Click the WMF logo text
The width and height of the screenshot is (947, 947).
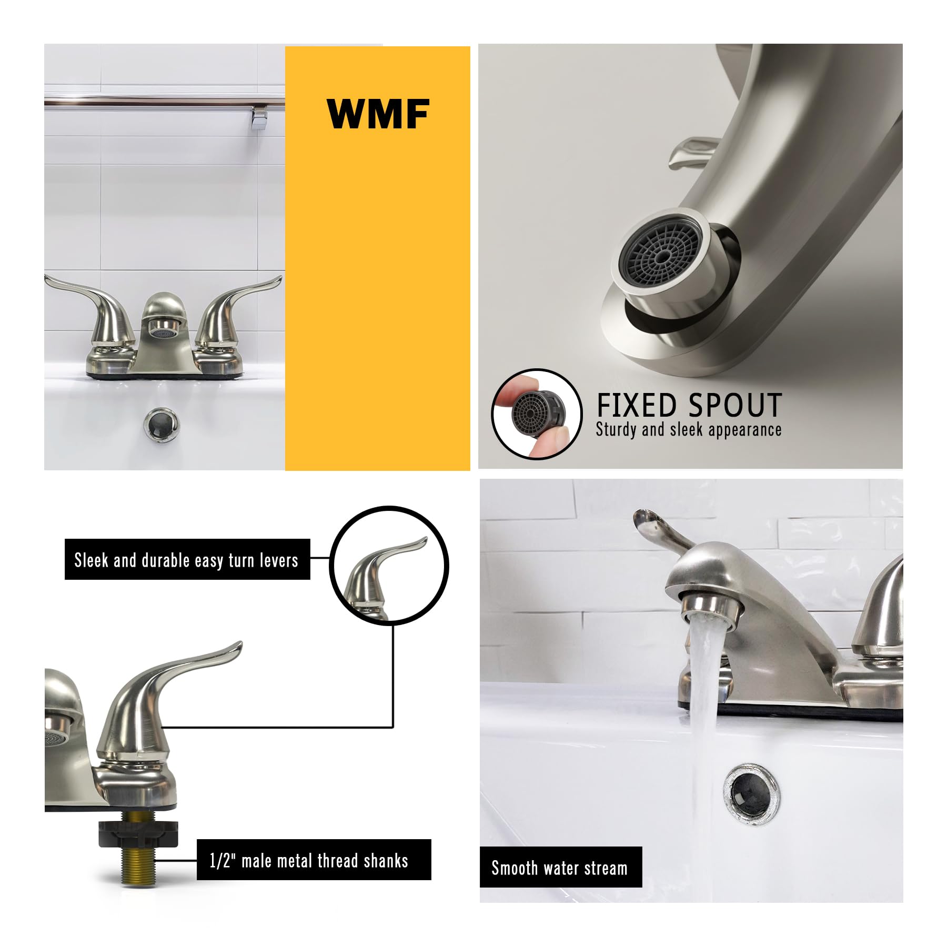click(x=378, y=113)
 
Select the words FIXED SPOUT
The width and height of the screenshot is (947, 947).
click(x=689, y=406)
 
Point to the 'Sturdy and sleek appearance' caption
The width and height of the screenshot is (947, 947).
click(x=688, y=430)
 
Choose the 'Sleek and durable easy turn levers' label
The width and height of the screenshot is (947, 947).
click(x=187, y=560)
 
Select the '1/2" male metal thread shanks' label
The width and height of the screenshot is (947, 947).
click(x=309, y=861)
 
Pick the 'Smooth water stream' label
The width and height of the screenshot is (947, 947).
click(x=560, y=868)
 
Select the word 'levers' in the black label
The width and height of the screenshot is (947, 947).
click(x=279, y=560)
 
